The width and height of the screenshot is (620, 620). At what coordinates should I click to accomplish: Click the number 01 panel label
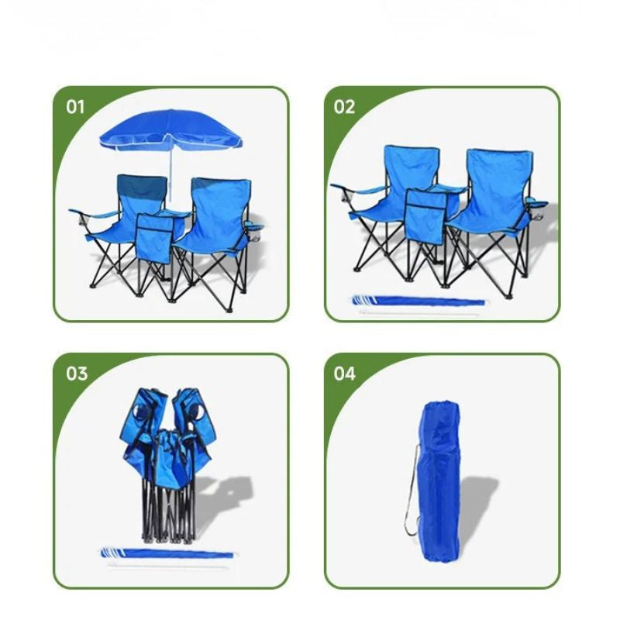75,107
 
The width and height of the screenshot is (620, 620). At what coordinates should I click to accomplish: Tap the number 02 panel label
344,107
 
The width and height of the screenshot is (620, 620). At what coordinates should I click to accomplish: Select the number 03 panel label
76,374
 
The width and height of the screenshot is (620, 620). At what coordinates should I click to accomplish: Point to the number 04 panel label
344,374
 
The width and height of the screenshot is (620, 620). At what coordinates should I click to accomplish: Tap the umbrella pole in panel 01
171,174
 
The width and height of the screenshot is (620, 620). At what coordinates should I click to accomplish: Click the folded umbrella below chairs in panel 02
418,301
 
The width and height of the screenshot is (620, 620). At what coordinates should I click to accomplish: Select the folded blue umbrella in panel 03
167,553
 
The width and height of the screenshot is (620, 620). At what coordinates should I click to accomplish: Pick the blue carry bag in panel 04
439,481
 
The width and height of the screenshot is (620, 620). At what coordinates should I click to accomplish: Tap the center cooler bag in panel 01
154,238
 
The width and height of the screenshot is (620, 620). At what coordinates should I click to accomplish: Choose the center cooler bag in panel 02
425,215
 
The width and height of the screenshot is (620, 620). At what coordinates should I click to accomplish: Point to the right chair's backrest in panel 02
499,183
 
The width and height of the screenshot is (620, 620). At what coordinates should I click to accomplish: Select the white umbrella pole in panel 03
167,566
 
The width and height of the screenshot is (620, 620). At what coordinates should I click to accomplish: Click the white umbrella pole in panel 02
419,313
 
